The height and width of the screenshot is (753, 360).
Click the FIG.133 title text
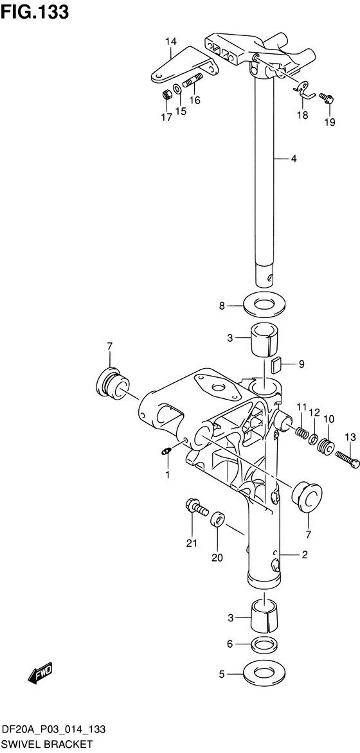pos(35,12)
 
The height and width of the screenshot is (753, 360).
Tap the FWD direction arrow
pos(40,674)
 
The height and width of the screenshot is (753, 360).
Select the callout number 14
pos(171,42)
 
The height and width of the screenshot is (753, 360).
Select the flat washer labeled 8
pos(264,305)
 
